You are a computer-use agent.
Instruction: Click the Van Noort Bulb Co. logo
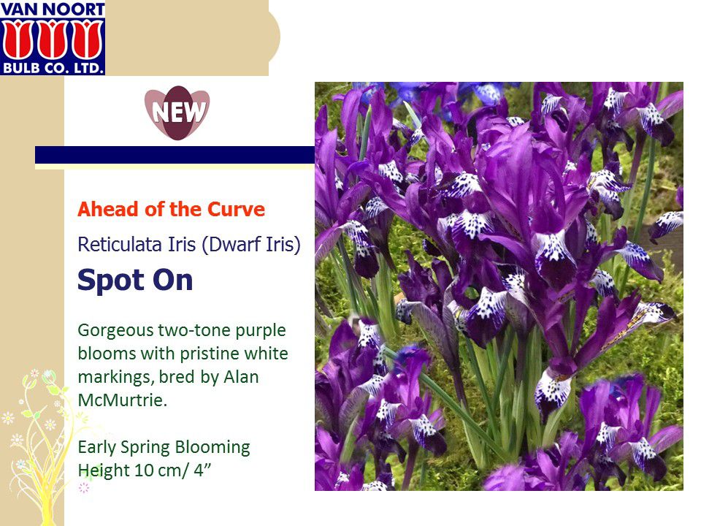53,37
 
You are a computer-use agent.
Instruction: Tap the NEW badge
177,113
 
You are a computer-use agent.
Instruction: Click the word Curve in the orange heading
236,210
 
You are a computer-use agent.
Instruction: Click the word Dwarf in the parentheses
231,245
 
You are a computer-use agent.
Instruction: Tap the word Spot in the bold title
111,281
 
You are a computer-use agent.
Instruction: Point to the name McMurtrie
122,400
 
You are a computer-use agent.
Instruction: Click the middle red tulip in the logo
53,39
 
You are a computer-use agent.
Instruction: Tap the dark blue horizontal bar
175,155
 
